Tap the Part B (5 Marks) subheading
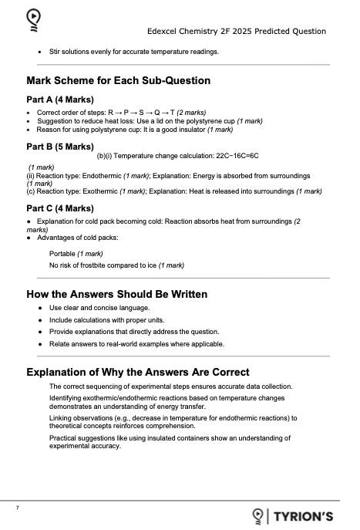pyautogui.click(x=60, y=146)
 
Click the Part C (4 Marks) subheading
pyautogui.click(x=60, y=208)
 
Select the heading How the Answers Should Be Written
pyautogui.click(x=116, y=294)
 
